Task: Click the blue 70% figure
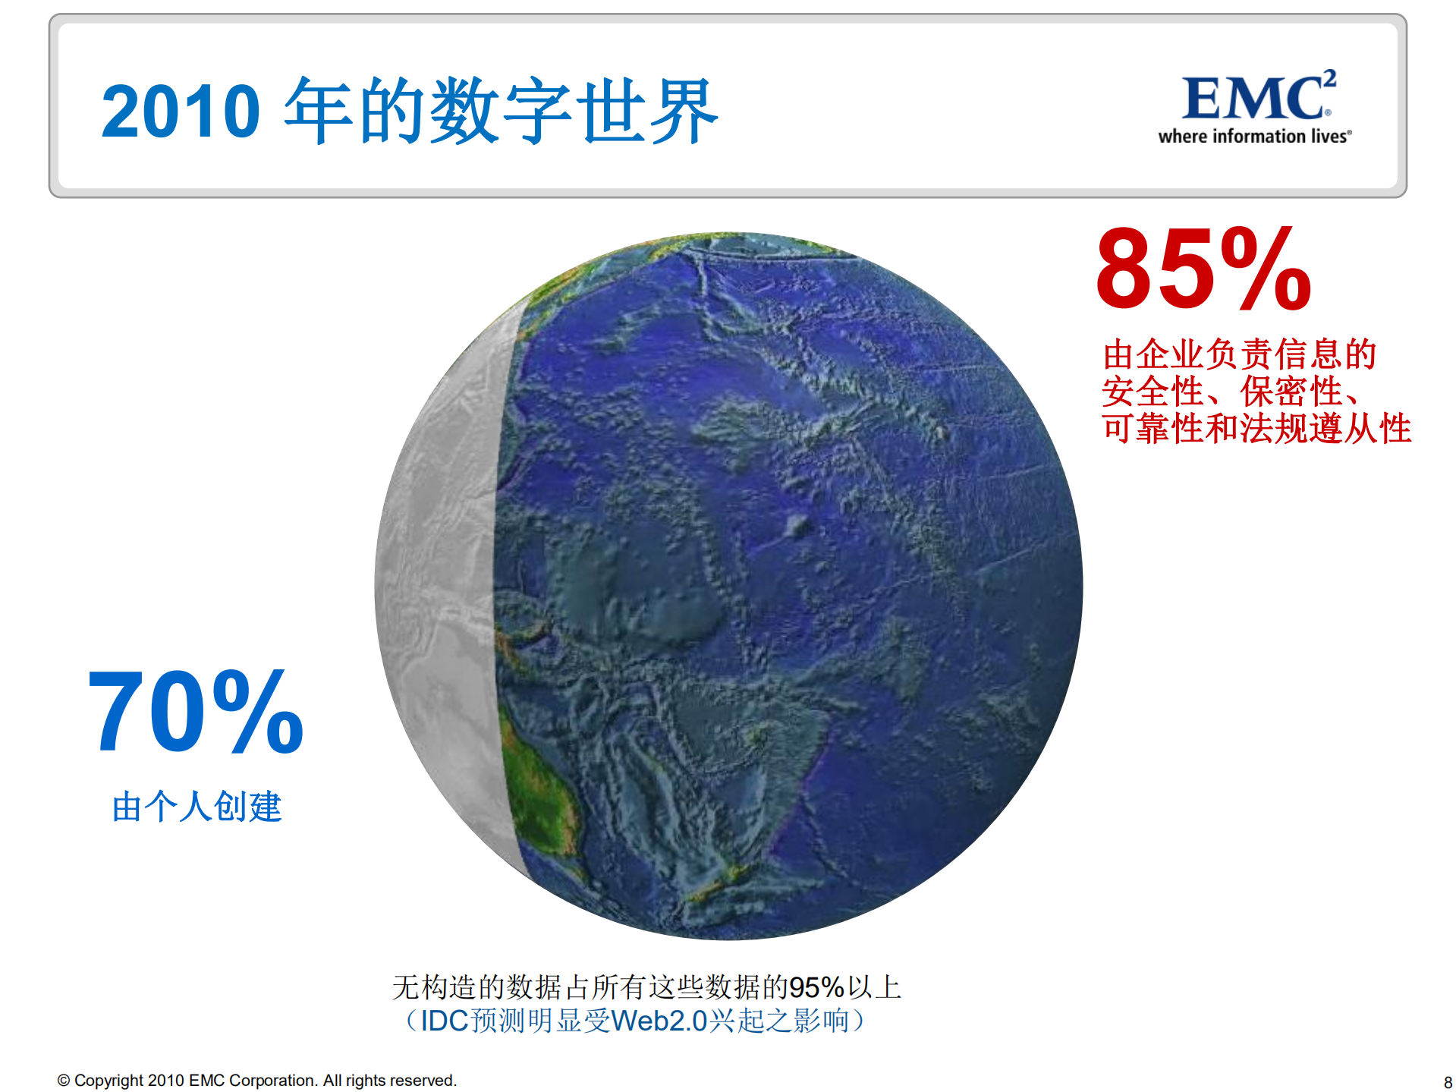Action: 196,711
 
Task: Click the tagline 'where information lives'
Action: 1254,137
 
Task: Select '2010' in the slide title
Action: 181,112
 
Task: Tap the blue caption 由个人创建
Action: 197,806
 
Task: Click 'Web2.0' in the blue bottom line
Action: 659,1021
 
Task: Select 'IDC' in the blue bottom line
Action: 444,1021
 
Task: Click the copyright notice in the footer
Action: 257,1080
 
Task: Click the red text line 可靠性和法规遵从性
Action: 1256,428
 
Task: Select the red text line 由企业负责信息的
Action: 1240,354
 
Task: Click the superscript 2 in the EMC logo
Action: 1329,79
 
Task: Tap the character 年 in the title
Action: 319,111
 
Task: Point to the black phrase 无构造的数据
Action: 477,987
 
